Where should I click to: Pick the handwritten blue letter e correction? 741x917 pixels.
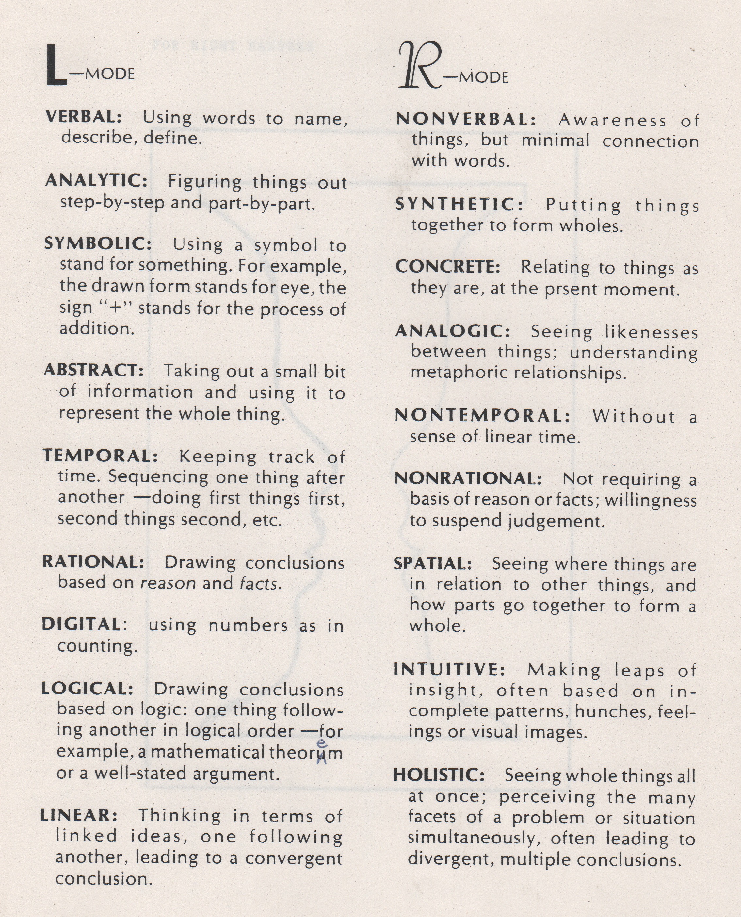click(x=323, y=743)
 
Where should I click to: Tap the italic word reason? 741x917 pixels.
click(x=168, y=583)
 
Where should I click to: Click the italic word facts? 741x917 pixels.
click(x=258, y=583)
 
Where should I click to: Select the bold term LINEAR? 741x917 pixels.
click(x=79, y=815)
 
